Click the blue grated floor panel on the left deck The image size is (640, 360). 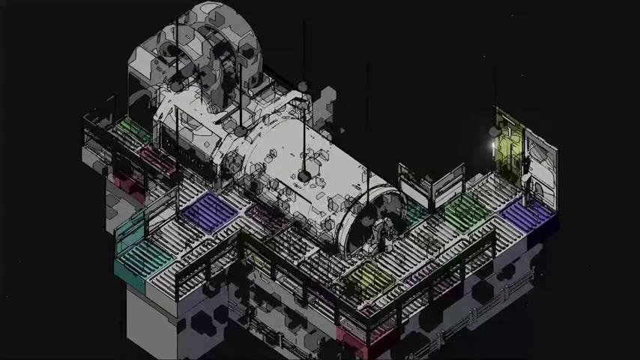tap(208, 212)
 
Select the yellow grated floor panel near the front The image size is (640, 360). tap(367, 278)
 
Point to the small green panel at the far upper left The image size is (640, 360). tap(132, 129)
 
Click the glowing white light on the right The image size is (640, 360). tap(494, 144)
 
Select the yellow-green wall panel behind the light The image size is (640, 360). tap(509, 145)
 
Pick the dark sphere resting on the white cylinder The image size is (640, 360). tap(304, 175)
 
